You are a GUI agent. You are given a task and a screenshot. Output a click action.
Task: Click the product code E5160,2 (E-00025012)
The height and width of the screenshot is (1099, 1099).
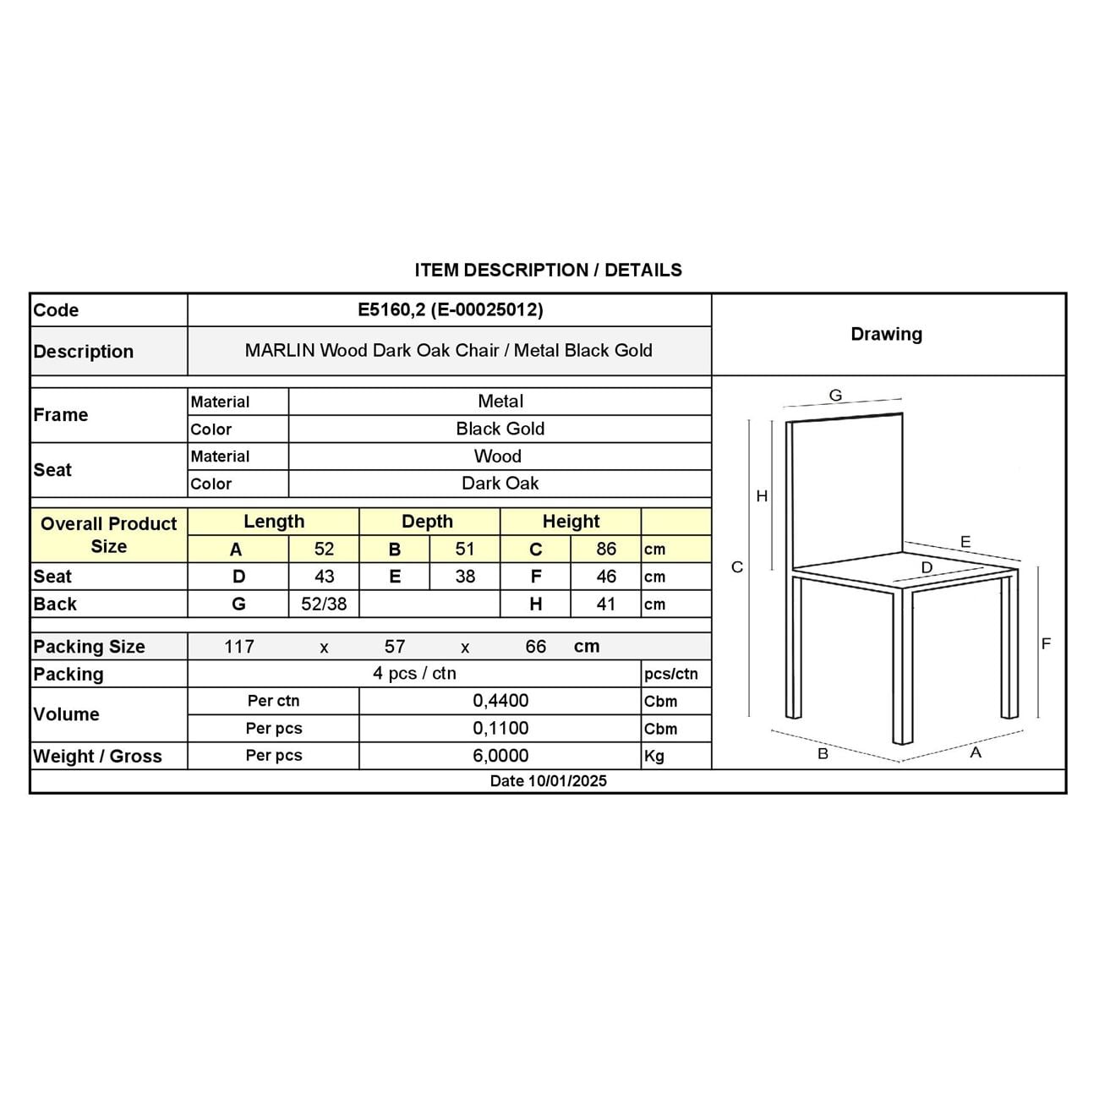coord(450,309)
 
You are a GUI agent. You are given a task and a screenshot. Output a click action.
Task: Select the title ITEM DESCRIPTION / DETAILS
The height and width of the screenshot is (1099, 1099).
coord(548,271)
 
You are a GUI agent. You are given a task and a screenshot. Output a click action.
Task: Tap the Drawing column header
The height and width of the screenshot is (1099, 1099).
coord(886,334)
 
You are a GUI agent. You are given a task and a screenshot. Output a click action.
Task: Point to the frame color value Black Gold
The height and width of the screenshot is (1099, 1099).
coord(500,429)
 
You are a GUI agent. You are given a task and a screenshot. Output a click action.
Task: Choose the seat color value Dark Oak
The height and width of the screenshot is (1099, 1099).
coord(500,484)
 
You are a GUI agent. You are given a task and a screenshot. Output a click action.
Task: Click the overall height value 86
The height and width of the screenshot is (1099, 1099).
coord(606,549)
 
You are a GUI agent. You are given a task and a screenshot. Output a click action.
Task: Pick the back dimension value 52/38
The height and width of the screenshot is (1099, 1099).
coord(324,604)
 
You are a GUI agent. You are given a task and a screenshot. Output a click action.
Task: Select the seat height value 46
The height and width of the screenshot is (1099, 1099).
coord(606,577)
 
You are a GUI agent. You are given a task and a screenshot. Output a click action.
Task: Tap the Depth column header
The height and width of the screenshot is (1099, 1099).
coord(427,522)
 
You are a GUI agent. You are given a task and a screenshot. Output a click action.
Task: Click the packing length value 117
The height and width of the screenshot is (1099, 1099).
coord(239,647)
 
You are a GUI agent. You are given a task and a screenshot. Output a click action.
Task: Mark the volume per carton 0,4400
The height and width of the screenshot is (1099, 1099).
coord(500,701)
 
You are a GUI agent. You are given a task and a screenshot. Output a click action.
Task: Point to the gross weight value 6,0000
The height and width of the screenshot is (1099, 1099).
coord(500,756)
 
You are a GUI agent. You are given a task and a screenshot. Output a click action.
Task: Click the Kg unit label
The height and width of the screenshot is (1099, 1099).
coord(654,757)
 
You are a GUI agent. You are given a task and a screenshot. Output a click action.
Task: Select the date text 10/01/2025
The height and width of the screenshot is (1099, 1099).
coord(567,781)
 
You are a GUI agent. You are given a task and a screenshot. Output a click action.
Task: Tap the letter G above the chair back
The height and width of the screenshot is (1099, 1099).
coord(835,395)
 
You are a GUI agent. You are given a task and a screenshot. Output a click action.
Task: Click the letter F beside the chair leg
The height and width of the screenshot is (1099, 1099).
coord(1046,644)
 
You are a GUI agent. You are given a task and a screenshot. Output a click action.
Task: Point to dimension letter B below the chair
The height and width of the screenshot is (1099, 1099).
coord(823,753)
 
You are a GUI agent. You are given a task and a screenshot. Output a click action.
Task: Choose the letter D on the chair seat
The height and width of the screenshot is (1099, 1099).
coord(927,567)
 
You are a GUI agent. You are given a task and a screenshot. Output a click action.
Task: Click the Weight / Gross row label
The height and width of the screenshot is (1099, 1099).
coord(97,757)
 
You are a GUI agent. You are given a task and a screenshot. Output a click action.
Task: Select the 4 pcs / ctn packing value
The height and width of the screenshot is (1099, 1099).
coord(414,674)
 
